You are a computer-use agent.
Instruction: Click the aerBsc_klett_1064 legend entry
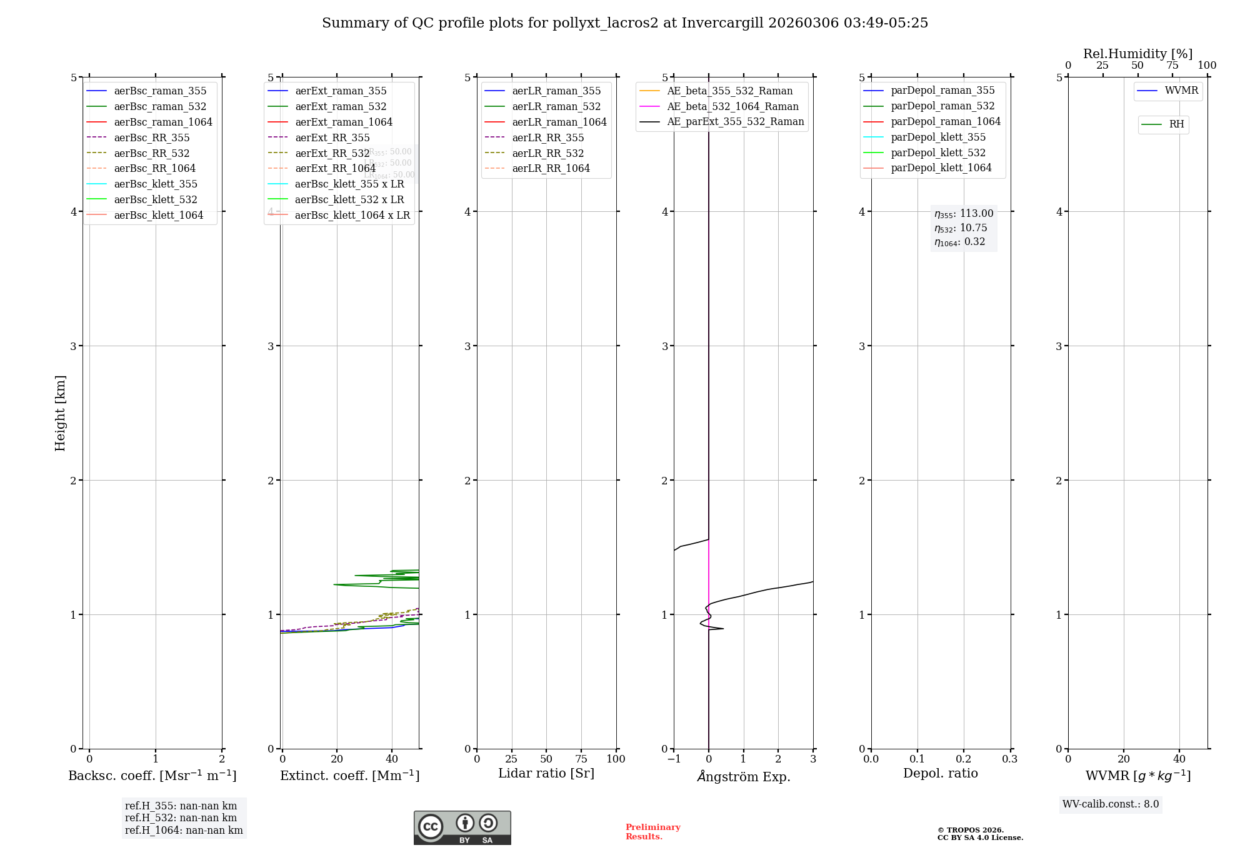(x=158, y=215)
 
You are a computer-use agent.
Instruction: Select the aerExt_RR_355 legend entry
(x=332, y=137)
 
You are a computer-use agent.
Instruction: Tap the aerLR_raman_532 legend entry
(x=556, y=106)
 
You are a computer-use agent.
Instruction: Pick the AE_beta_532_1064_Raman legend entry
(x=732, y=106)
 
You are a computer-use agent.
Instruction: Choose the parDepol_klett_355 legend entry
(x=937, y=137)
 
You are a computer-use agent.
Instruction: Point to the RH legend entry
(x=1176, y=124)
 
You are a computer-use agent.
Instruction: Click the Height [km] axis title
(x=60, y=413)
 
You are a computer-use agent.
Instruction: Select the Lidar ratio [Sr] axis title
(x=546, y=773)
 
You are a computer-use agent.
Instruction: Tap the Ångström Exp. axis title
(x=743, y=776)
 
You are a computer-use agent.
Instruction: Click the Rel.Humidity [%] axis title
(x=1137, y=54)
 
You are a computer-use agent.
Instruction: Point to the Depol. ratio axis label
(x=940, y=773)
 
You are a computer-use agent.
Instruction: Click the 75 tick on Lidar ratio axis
(x=581, y=759)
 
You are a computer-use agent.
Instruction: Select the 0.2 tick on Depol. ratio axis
(x=964, y=759)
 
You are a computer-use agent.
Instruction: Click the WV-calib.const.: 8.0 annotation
(x=1110, y=804)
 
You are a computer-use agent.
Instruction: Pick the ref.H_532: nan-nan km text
(x=181, y=817)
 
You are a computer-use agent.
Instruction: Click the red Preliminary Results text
(x=652, y=832)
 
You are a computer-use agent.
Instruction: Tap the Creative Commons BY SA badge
(x=462, y=827)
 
